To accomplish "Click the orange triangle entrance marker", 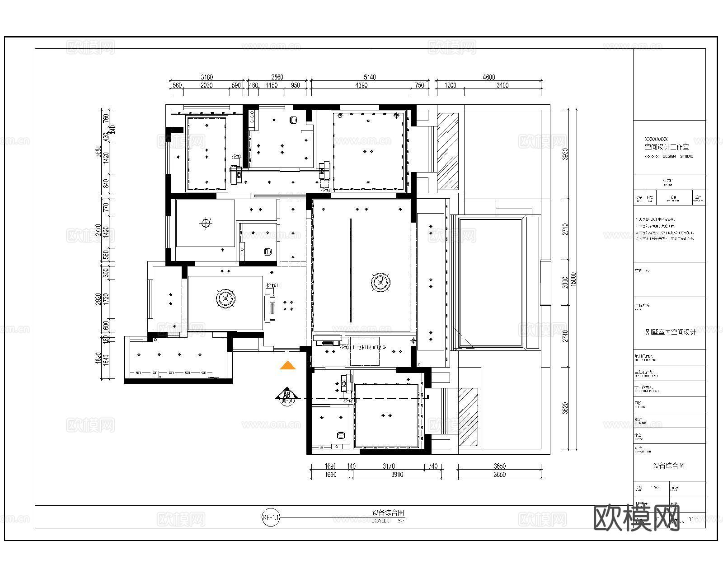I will pyautogui.click(x=287, y=366).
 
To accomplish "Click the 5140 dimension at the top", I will pyautogui.click(x=369, y=77).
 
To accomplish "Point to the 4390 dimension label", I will pyautogui.click(x=361, y=85).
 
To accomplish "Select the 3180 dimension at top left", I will pyautogui.click(x=206, y=77).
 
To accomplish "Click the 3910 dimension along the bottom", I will pyautogui.click(x=397, y=475).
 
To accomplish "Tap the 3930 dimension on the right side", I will pyautogui.click(x=564, y=154).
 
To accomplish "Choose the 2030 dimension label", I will pyautogui.click(x=206, y=85).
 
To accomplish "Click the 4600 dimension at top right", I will pyautogui.click(x=488, y=77).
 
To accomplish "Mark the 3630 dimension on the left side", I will pyautogui.click(x=99, y=150).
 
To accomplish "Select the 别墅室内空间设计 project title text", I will pyautogui.click(x=671, y=332).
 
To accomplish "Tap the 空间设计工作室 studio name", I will pyautogui.click(x=667, y=147).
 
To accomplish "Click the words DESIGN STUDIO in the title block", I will pyautogui.click(x=677, y=156).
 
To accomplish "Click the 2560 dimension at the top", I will pyautogui.click(x=277, y=77).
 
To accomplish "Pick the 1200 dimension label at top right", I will pyautogui.click(x=450, y=85).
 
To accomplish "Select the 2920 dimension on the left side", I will pyautogui.click(x=99, y=298).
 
